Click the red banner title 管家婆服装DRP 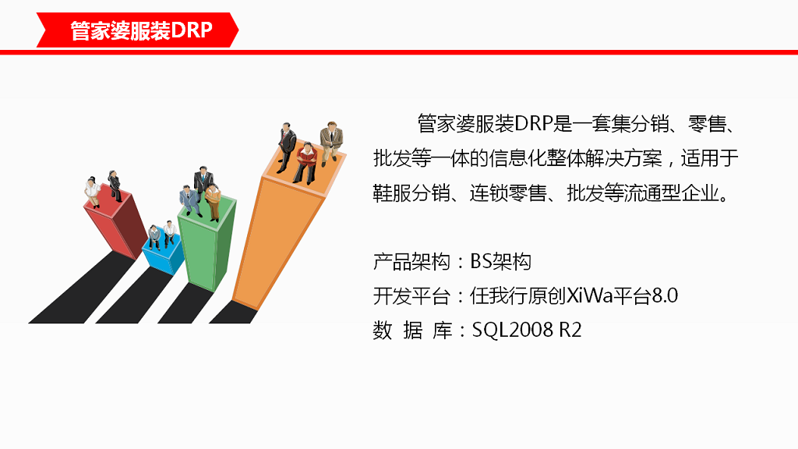click(141, 31)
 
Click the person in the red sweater click(307, 161)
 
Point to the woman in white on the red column click(93, 192)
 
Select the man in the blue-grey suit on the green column click(189, 200)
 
